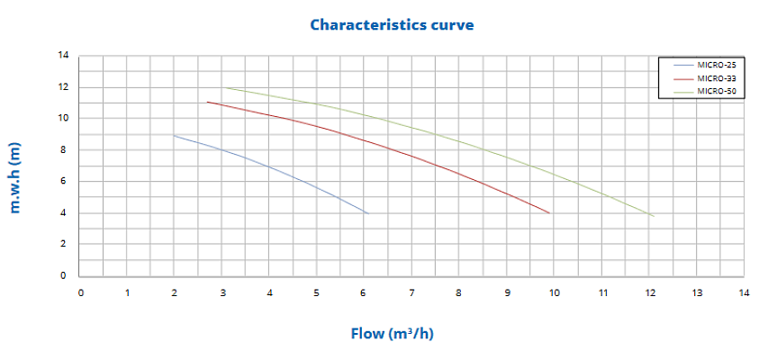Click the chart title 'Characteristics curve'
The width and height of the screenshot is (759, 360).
point(392,24)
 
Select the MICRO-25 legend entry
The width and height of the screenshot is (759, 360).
point(716,66)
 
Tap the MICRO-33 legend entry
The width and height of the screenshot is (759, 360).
point(716,78)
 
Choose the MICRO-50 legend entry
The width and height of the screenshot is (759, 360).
point(716,91)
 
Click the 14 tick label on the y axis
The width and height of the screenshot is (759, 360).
point(63,56)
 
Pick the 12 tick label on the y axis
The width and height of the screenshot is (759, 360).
point(63,87)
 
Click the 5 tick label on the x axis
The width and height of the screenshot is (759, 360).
point(317,292)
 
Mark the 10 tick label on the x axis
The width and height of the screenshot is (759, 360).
point(554,292)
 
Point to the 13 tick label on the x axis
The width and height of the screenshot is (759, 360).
point(696,292)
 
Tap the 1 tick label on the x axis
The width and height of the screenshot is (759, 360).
point(128,292)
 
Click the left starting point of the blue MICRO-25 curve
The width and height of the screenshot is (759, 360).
point(174,135)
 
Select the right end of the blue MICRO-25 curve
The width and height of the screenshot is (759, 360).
point(368,213)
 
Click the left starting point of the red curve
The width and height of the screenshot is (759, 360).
point(207,102)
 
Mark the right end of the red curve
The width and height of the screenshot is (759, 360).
point(549,213)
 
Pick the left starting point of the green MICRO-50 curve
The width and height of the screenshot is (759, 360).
point(222,87)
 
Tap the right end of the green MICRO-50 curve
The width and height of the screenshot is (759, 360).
point(654,216)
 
